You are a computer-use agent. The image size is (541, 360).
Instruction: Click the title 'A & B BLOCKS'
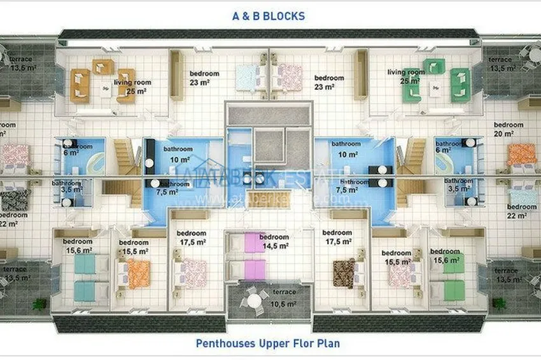268,16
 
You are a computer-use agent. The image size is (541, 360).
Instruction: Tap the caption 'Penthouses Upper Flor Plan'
267,343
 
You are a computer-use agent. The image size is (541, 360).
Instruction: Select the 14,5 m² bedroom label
275,242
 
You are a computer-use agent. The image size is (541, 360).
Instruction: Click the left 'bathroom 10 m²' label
178,155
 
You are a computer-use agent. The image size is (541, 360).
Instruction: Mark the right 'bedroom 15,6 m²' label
444,255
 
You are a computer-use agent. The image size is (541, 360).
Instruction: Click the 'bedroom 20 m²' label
508,129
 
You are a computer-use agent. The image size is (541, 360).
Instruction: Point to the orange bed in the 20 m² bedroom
522,155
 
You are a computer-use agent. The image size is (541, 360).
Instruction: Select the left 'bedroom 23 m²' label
203,78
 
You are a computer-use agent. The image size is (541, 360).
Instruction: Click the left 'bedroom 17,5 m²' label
192,237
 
